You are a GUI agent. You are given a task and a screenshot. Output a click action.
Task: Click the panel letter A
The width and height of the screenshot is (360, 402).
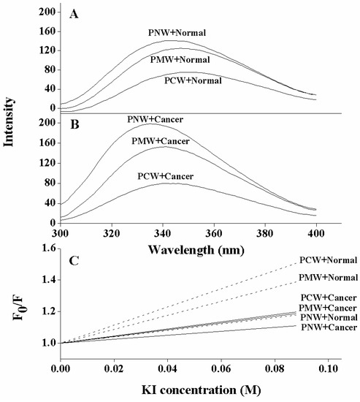click(73, 13)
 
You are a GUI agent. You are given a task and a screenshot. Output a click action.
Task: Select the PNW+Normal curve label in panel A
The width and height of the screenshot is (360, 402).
click(176, 33)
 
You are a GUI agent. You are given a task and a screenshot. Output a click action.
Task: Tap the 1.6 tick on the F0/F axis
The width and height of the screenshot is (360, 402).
click(47, 249)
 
